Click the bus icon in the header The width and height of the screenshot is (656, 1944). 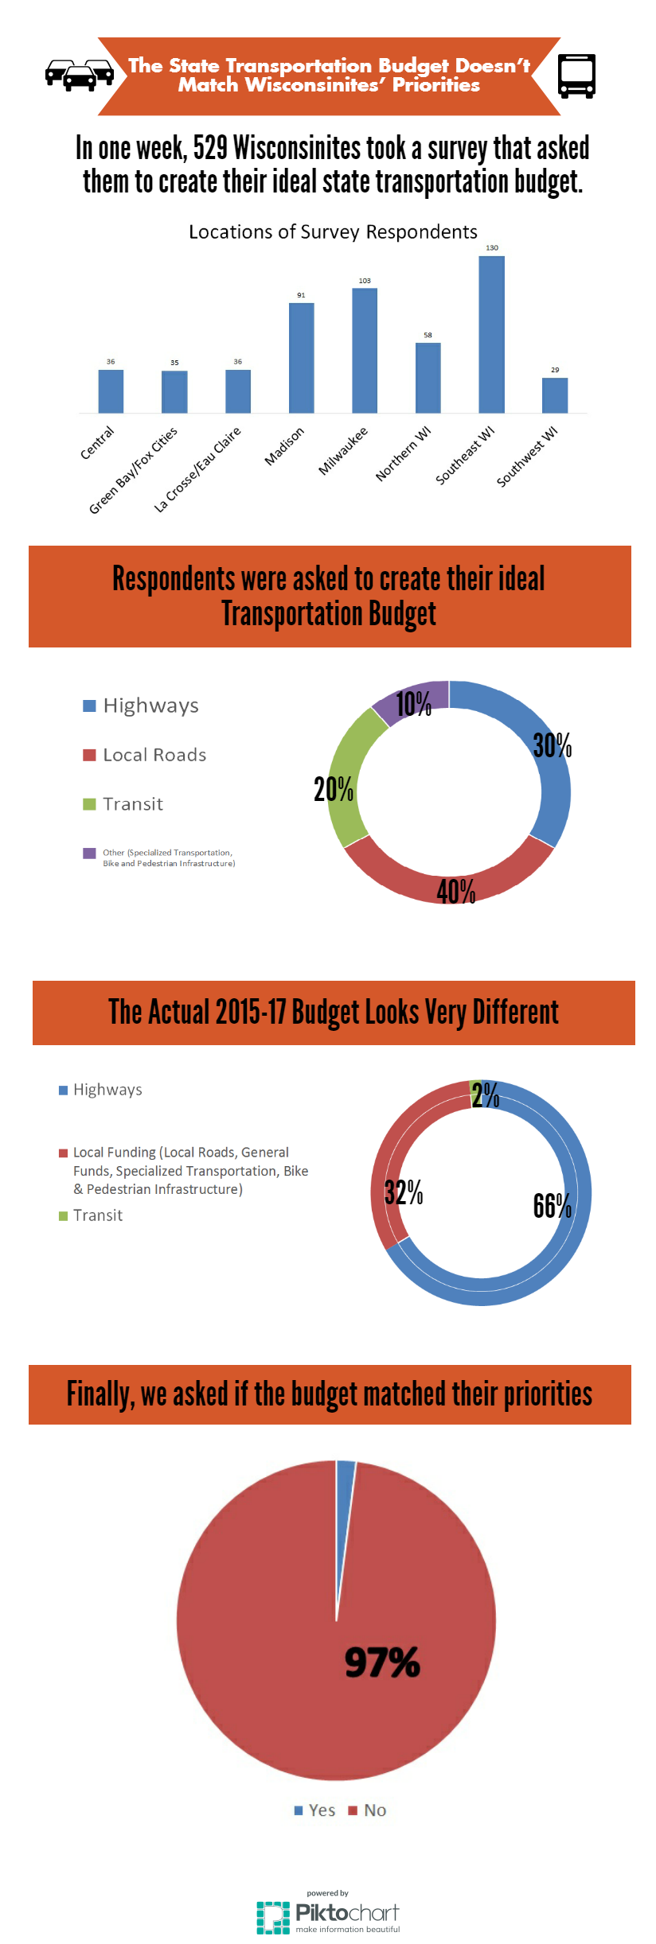click(x=576, y=76)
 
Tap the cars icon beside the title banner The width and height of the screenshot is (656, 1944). click(x=79, y=75)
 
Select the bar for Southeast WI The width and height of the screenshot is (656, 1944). click(x=491, y=334)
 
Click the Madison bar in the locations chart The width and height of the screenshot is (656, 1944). click(x=301, y=358)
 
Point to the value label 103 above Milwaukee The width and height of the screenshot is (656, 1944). click(x=365, y=281)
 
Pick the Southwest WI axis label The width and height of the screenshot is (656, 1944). click(x=527, y=457)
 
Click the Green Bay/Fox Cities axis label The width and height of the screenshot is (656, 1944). click(x=133, y=471)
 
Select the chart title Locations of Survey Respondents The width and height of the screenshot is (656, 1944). click(x=333, y=231)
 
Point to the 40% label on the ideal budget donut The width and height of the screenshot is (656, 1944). click(x=456, y=892)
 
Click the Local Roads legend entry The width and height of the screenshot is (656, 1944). click(x=145, y=755)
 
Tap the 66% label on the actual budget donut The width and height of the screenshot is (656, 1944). click(x=553, y=1206)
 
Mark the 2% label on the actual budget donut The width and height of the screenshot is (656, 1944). click(x=485, y=1095)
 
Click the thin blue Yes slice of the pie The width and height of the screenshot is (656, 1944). click(x=344, y=1495)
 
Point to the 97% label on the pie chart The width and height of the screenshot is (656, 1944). click(x=382, y=1662)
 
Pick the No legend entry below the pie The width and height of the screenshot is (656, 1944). click(x=368, y=1810)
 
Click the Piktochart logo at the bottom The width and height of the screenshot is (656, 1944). click(x=328, y=1916)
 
